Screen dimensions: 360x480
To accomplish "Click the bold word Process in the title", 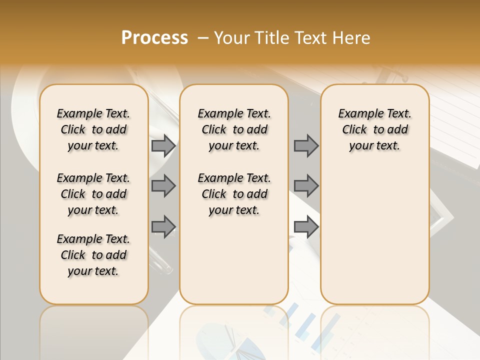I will pyautogui.click(x=154, y=38).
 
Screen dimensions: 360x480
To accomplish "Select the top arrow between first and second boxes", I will pyautogui.click(x=163, y=146).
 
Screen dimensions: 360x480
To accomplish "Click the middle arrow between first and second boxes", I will pyautogui.click(x=163, y=186).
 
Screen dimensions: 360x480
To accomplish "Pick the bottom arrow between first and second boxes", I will pyautogui.click(x=163, y=227).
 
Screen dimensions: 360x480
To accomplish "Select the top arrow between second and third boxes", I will pyautogui.click(x=306, y=146).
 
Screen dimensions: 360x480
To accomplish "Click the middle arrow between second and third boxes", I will pyautogui.click(x=306, y=186).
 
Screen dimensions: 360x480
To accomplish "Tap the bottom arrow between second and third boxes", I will pyautogui.click(x=306, y=227).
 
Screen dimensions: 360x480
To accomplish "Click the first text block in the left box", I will pyautogui.click(x=93, y=129).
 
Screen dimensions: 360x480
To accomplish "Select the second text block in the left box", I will pyautogui.click(x=93, y=194).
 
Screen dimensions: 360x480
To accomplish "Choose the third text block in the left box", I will pyautogui.click(x=93, y=255).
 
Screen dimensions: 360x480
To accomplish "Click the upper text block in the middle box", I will pyautogui.click(x=234, y=129).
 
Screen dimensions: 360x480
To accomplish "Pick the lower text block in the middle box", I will pyautogui.click(x=234, y=194).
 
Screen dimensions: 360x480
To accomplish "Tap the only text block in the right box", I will pyautogui.click(x=374, y=129).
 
